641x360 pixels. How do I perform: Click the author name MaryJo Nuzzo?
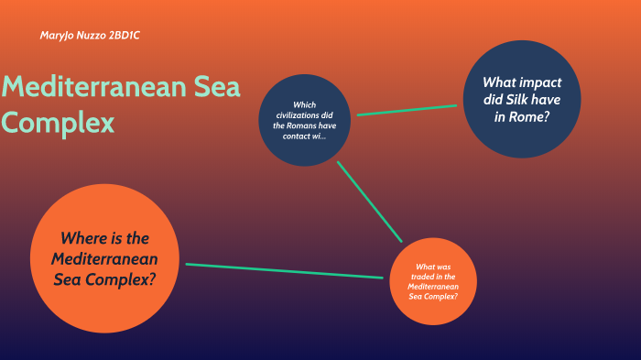(x=72, y=35)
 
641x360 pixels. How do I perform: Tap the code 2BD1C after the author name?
(x=125, y=35)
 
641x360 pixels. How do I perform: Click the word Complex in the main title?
(x=58, y=122)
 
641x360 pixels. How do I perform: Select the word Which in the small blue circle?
(x=304, y=104)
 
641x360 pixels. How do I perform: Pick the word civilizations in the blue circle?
(x=304, y=115)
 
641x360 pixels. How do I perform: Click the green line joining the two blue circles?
(x=406, y=110)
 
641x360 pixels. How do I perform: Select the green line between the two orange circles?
(x=284, y=271)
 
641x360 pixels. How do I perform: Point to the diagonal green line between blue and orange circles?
(x=369, y=202)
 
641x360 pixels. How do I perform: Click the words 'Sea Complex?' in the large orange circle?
(x=103, y=279)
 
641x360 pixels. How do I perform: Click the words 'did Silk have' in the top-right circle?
(x=522, y=99)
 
